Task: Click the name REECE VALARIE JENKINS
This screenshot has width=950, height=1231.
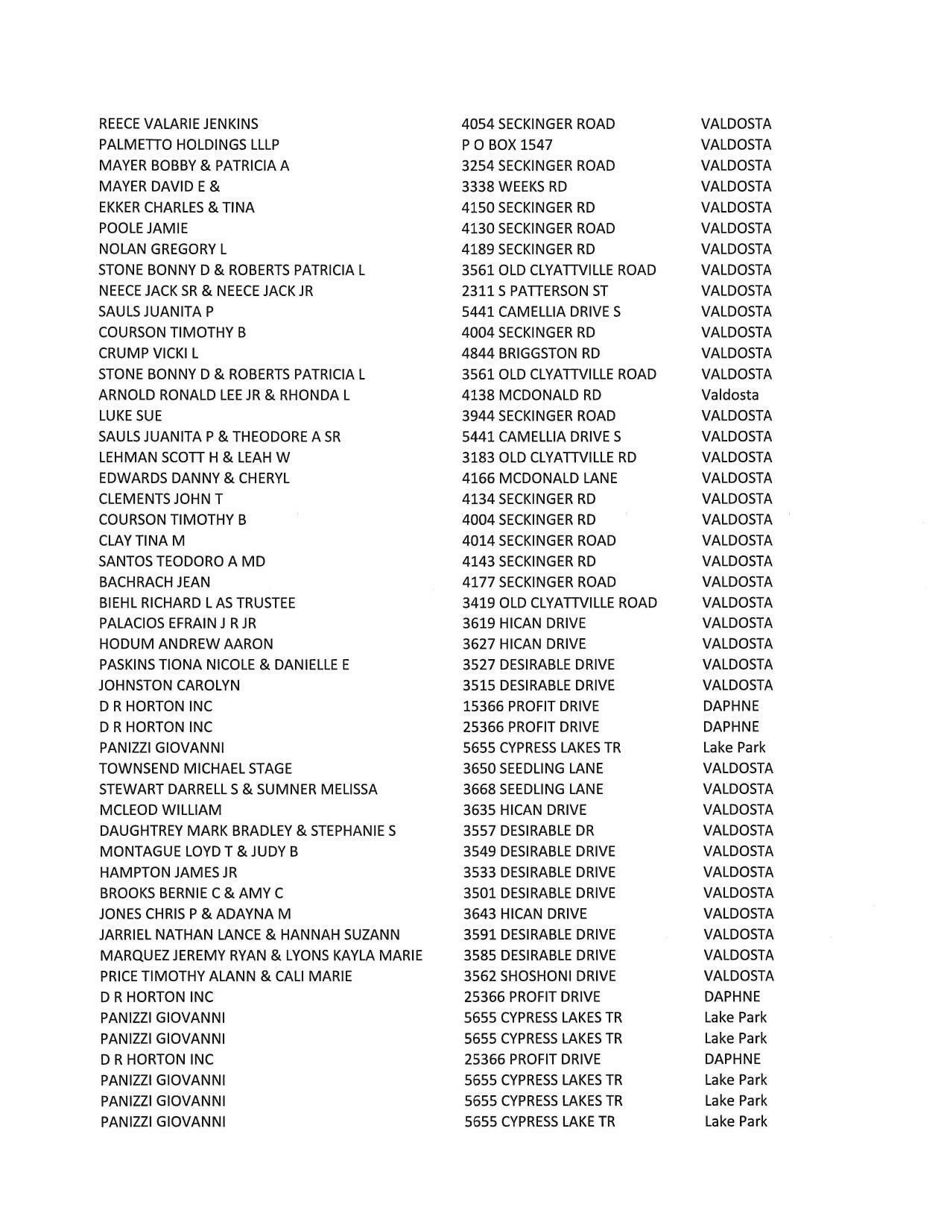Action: pyautogui.click(x=178, y=124)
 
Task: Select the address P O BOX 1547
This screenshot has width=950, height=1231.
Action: pyautogui.click(x=507, y=145)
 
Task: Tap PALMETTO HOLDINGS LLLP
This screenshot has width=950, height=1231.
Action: pyautogui.click(x=189, y=145)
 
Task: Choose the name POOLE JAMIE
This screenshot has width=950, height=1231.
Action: pyautogui.click(x=143, y=228)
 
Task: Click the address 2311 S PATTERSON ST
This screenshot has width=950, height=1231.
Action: pyautogui.click(x=534, y=291)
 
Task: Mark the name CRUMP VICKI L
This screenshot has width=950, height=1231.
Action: pyautogui.click(x=148, y=353)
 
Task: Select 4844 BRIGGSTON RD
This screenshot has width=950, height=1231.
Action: pyautogui.click(x=531, y=353)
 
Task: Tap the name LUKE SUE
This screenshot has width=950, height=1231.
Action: pyautogui.click(x=130, y=416)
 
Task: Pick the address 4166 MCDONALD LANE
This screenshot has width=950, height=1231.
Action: pyautogui.click(x=539, y=478)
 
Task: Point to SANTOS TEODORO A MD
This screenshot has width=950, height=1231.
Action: pyautogui.click(x=182, y=561)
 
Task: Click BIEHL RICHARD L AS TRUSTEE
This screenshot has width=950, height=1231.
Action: pyautogui.click(x=197, y=602)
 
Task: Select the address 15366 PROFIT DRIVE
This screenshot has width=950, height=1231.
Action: pyautogui.click(x=531, y=706)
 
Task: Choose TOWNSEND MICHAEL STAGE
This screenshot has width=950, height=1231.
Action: pyautogui.click(x=195, y=768)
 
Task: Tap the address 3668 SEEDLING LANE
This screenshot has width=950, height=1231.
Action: pyautogui.click(x=533, y=789)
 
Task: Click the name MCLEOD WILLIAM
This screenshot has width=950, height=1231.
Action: pyautogui.click(x=160, y=810)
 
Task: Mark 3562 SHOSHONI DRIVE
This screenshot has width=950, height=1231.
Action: pyautogui.click(x=539, y=976)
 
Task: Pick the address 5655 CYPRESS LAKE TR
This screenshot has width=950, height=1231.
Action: pyautogui.click(x=539, y=1121)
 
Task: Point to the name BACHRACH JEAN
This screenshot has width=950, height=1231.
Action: pyautogui.click(x=154, y=582)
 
